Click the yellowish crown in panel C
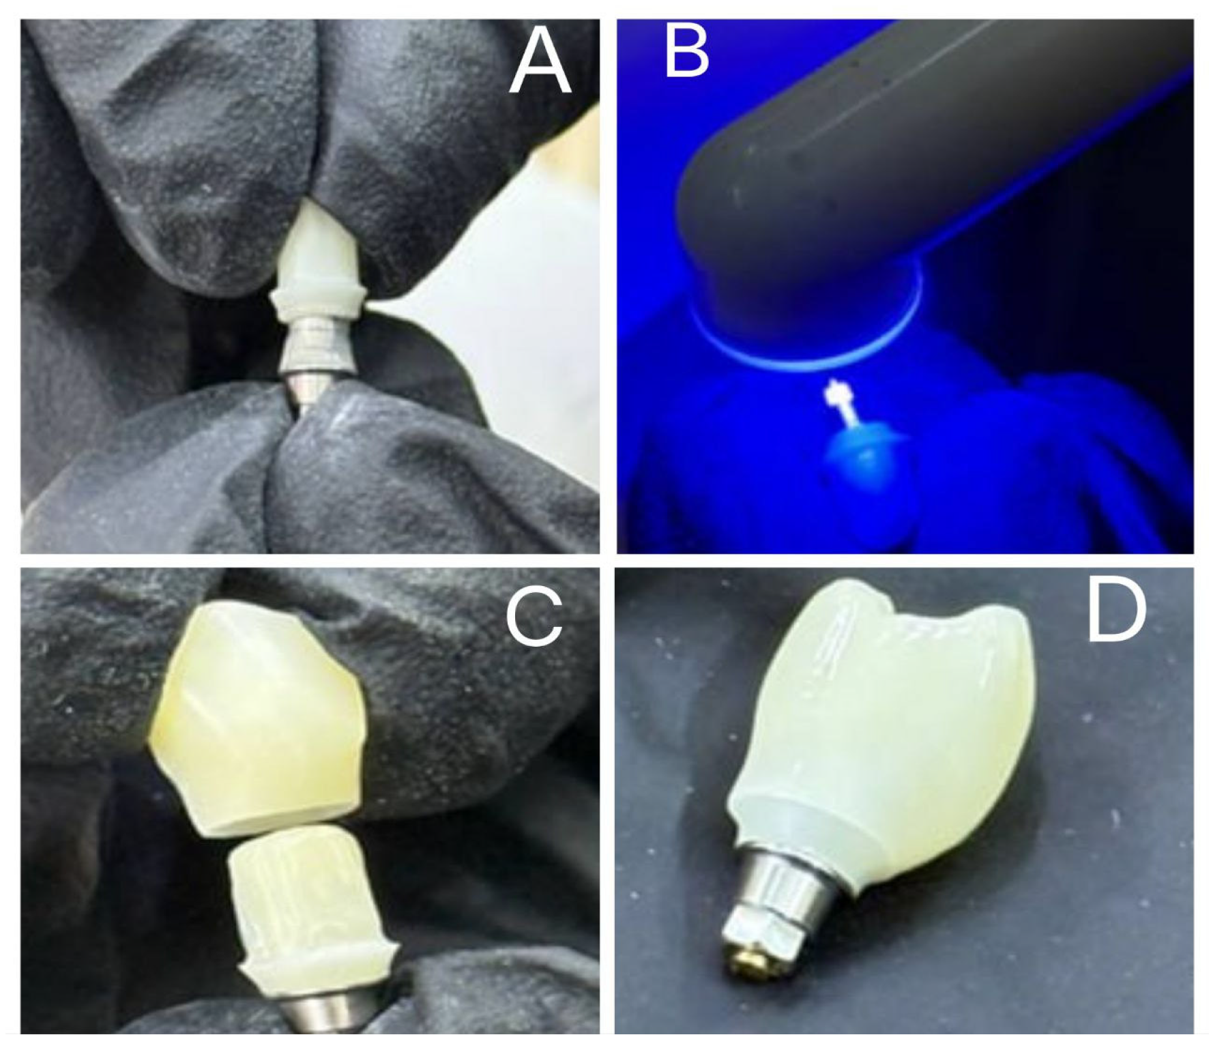pos(256,723)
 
